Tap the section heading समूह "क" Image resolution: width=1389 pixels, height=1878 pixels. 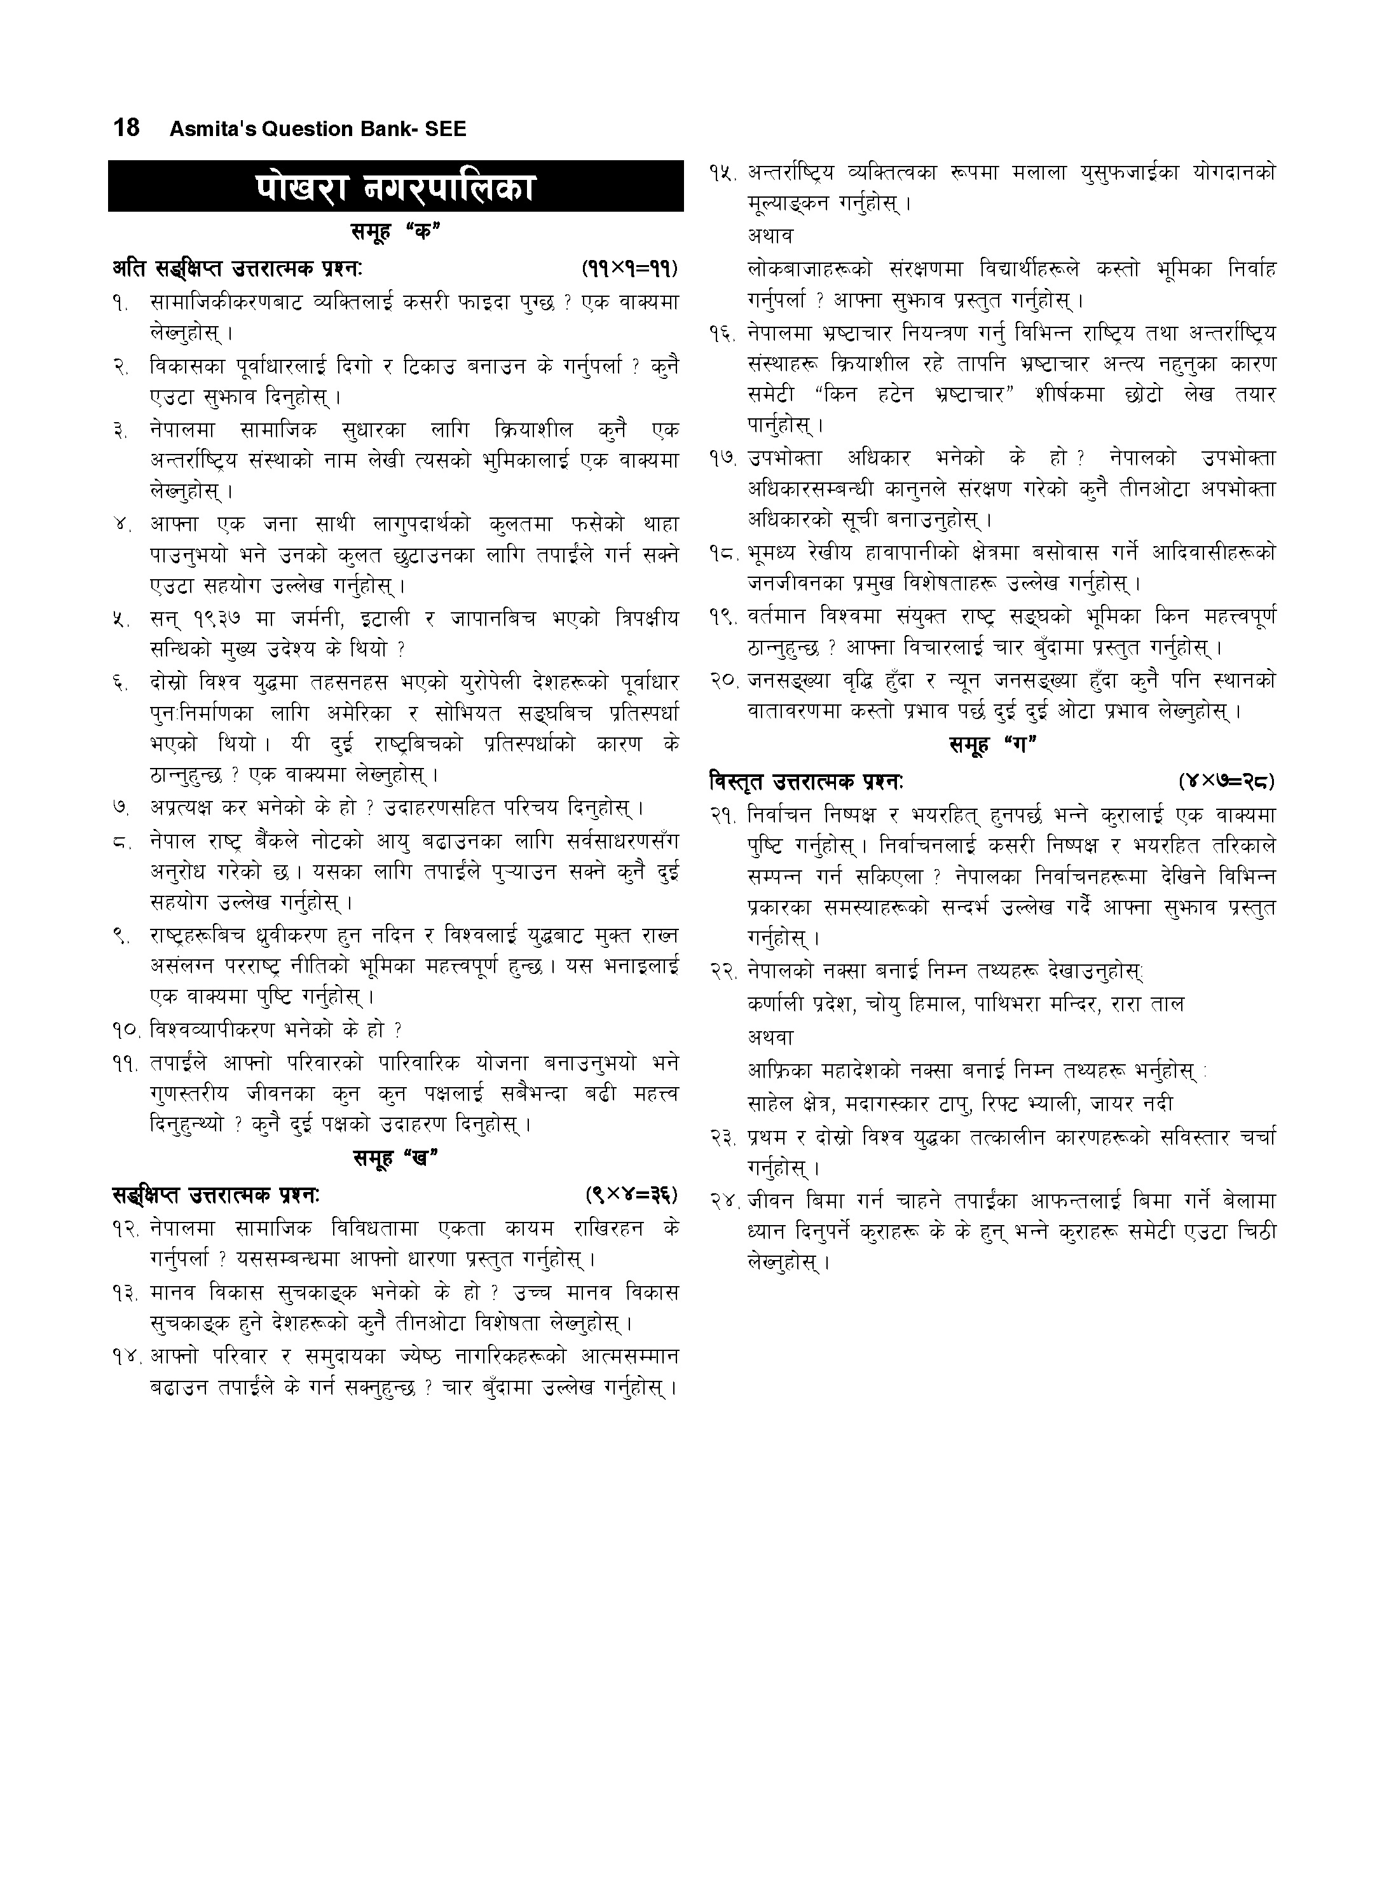pyautogui.click(x=395, y=233)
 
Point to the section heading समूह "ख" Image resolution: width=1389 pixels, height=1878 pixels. pyautogui.click(x=395, y=1158)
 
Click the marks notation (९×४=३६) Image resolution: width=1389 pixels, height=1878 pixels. pyautogui.click(x=630, y=1194)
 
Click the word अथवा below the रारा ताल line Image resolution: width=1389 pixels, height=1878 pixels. pyautogui.click(x=770, y=1038)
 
